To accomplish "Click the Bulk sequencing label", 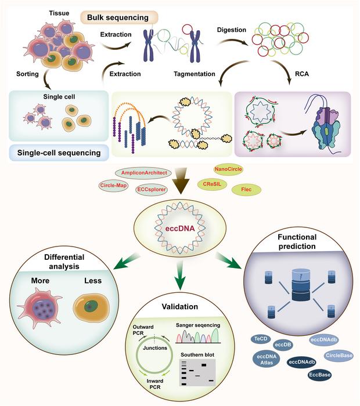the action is [118, 17].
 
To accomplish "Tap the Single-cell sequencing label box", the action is [59, 153].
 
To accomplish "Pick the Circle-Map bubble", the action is [113, 186].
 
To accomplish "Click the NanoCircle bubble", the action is [228, 169].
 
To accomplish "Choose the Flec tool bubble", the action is [246, 190].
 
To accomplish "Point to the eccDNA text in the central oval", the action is [180, 229].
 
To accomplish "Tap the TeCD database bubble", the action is [261, 339].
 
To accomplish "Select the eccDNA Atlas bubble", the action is [267, 360].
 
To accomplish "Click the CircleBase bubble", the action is [339, 356].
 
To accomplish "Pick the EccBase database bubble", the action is [319, 375].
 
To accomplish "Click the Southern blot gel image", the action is [197, 372].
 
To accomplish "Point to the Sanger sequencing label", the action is [198, 325].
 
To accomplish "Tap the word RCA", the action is [302, 74].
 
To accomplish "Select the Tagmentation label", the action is [195, 74].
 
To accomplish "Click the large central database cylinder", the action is [301, 285].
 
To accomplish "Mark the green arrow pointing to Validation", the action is [180, 275].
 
